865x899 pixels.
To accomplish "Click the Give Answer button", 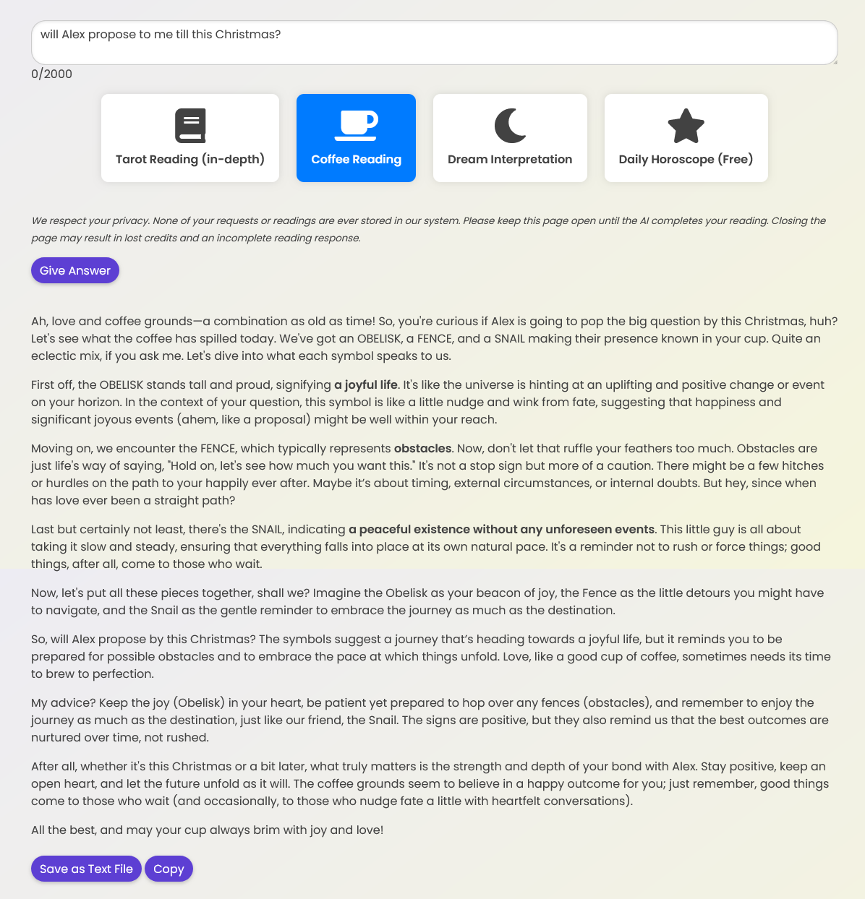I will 75,270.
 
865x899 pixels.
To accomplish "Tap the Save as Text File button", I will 86,869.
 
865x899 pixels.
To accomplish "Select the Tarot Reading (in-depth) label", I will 190,159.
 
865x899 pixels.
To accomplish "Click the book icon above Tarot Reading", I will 190,126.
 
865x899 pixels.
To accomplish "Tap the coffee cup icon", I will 356,125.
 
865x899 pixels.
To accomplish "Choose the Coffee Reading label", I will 356,159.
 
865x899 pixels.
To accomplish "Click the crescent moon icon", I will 510,126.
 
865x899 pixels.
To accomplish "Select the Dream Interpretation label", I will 510,159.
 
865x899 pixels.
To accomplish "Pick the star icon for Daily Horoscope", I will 686,126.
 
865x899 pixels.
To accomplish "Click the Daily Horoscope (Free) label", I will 686,159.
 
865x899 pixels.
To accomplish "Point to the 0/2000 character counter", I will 51,74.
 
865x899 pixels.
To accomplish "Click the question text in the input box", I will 161,34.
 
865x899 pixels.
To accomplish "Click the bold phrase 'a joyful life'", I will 366,384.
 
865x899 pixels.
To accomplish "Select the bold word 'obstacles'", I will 422,448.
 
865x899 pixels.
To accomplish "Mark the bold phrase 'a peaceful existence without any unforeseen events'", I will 501,529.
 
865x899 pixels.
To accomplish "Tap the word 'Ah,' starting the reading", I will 41,321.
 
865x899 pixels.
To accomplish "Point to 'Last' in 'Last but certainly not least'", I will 43,529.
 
